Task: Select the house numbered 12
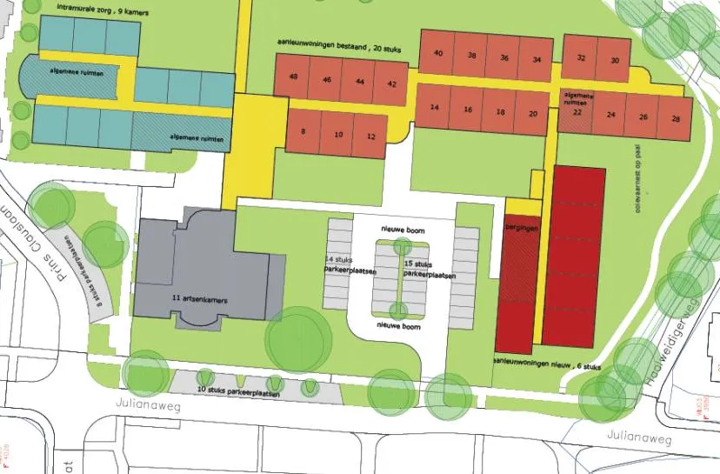[370, 136]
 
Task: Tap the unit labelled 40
[438, 54]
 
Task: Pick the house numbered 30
[615, 60]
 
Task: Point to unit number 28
[676, 116]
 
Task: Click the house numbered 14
[434, 110]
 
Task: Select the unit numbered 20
[532, 113]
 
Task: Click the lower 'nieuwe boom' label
[399, 327]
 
